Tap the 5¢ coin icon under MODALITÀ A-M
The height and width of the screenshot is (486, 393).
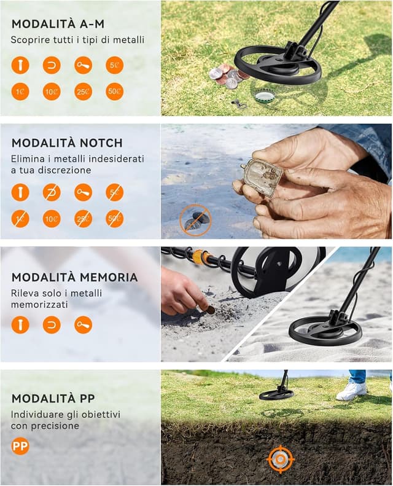pos(114,65)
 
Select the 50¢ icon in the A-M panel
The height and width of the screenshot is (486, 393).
pos(114,92)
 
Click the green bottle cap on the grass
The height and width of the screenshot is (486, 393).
pos(264,96)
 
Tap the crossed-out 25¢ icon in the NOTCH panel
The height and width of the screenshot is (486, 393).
pos(83,218)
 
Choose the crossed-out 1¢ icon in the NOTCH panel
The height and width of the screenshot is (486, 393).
pos(20,218)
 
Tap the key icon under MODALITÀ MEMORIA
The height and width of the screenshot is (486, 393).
pos(83,324)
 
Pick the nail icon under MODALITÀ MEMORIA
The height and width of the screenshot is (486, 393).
pos(20,324)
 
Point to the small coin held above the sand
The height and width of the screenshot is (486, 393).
pos(211,310)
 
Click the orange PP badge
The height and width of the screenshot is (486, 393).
pos(20,445)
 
